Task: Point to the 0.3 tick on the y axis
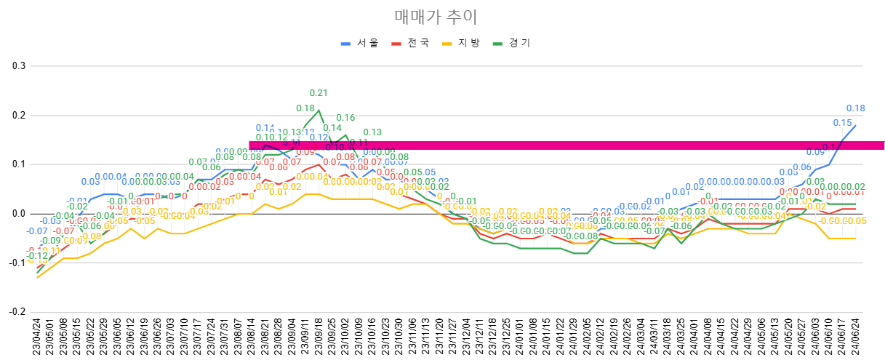click(x=18, y=66)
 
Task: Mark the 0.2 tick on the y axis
click(x=18, y=116)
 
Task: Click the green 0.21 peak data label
click(x=319, y=93)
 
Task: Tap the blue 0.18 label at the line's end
click(x=855, y=108)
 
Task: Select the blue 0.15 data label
click(x=842, y=123)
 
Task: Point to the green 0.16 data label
click(x=345, y=117)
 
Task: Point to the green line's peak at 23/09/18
click(x=319, y=111)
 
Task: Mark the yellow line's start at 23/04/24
click(x=37, y=278)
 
